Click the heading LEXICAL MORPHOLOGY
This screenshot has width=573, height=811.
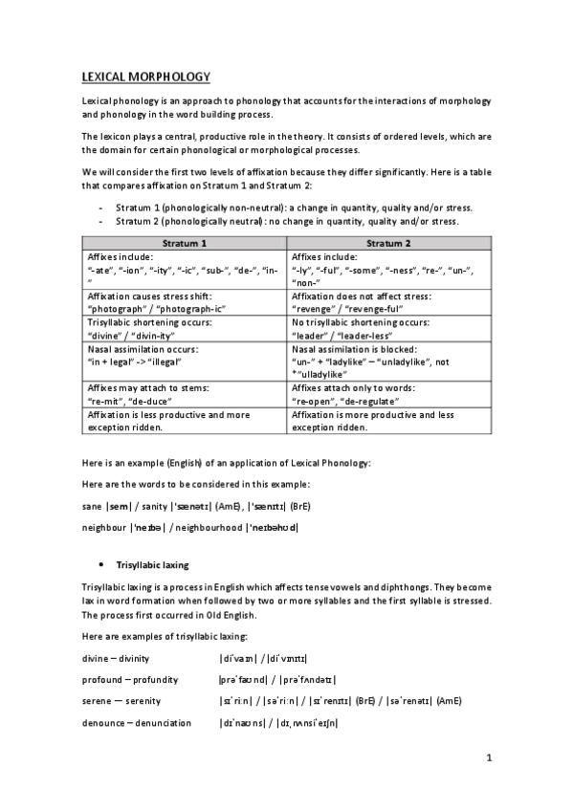click(x=145, y=76)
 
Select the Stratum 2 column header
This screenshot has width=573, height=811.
click(x=388, y=244)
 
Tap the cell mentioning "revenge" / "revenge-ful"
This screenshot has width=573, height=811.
click(x=388, y=303)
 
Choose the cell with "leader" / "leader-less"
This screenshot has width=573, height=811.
click(x=388, y=330)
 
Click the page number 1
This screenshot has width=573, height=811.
click(x=488, y=759)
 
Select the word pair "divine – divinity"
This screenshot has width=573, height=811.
click(x=116, y=660)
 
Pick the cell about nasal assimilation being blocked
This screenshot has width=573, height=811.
click(x=388, y=363)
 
